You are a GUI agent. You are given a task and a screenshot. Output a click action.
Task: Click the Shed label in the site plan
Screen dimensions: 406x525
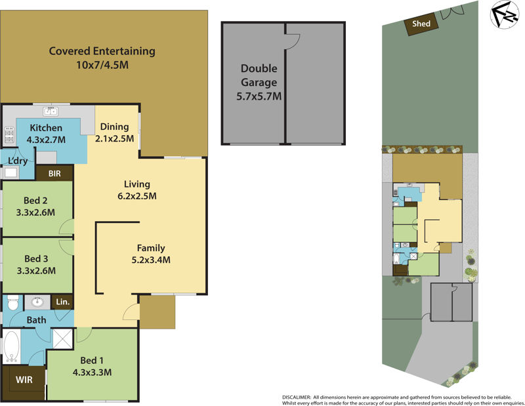421,24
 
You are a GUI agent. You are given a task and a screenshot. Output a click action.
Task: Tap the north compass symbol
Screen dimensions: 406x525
505,16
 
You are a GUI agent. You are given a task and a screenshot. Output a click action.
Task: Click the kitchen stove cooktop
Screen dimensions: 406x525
9,136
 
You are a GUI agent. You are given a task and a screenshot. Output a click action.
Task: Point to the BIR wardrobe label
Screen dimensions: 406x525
54,174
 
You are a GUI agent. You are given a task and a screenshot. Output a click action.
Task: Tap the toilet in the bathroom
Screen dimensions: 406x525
12,303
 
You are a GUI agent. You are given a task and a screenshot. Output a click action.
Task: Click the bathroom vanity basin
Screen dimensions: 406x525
38,303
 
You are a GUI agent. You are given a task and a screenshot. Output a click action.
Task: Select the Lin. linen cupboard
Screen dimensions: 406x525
63,302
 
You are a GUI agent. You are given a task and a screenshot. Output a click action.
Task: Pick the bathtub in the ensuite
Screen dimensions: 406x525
11,347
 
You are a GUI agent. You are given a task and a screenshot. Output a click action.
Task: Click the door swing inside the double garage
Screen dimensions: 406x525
293,40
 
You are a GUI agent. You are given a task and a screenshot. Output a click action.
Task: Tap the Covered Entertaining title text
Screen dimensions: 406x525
102,51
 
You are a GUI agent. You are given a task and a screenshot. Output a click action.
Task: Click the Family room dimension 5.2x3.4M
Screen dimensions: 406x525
150,260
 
